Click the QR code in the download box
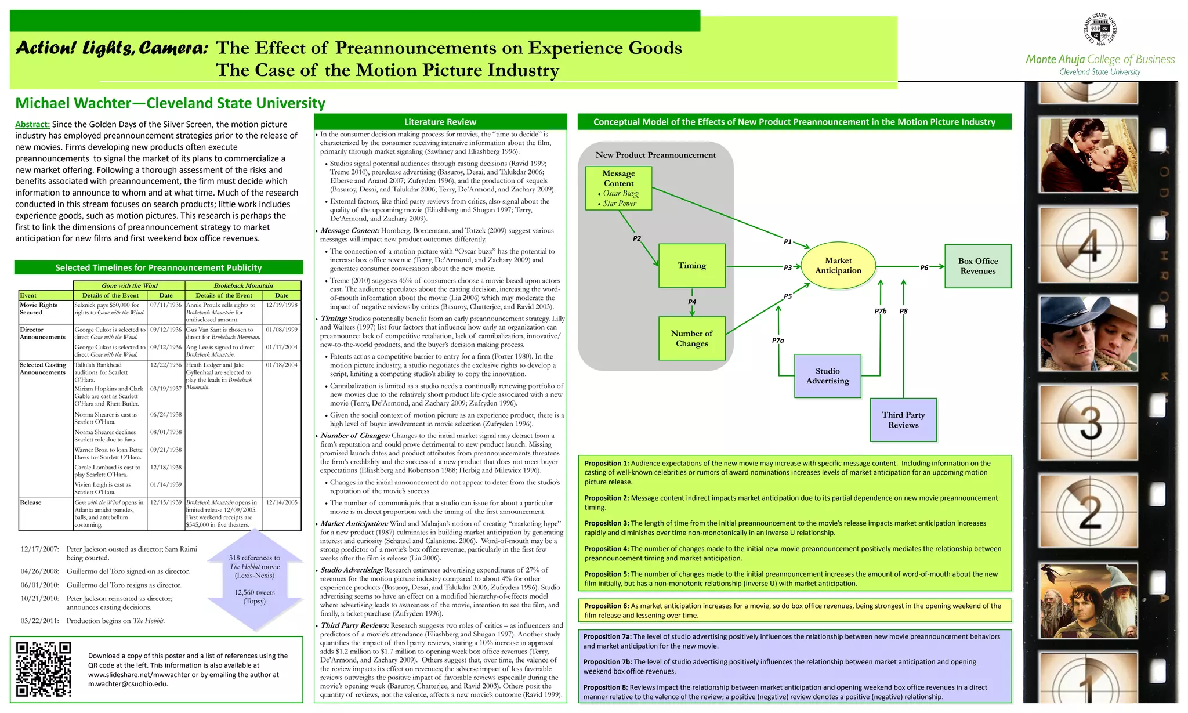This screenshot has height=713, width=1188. pyautogui.click(x=44, y=668)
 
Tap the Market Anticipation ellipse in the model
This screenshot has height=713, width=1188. pyautogui.click(x=838, y=266)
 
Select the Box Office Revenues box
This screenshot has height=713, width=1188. pyautogui.click(x=977, y=266)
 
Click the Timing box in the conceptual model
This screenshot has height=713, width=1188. pyautogui.click(x=692, y=266)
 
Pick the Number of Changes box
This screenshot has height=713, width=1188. pyautogui.click(x=691, y=338)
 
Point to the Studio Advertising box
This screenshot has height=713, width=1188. pyautogui.click(x=827, y=376)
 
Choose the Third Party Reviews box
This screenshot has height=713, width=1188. pyautogui.click(x=903, y=420)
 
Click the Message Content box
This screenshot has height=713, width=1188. pyautogui.click(x=618, y=188)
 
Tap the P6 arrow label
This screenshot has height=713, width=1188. pyautogui.click(x=924, y=267)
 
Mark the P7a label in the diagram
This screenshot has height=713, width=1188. pyautogui.click(x=778, y=341)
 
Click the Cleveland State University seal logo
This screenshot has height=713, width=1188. pyautogui.click(x=1100, y=30)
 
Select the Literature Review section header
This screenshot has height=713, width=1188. pyautogui.click(x=440, y=122)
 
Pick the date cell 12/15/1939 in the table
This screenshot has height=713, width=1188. pyautogui.click(x=166, y=502)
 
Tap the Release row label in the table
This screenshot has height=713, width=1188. pyautogui.click(x=31, y=502)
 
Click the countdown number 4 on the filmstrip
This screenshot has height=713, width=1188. pyautogui.click(x=1089, y=246)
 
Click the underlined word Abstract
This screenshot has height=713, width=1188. pyautogui.click(x=32, y=124)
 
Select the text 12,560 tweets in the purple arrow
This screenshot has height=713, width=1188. pyautogui.click(x=255, y=592)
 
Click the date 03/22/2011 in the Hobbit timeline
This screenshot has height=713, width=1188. pyautogui.click(x=39, y=621)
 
